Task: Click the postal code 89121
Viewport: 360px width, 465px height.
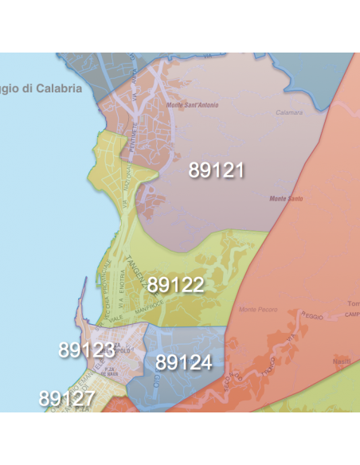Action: click(x=216, y=170)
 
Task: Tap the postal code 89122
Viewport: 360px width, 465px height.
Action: click(x=176, y=285)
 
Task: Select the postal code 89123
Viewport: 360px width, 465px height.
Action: click(x=86, y=350)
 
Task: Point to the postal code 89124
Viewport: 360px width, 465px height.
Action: click(x=184, y=363)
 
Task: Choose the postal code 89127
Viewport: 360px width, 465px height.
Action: click(x=66, y=397)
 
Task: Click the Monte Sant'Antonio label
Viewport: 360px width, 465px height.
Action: click(x=192, y=105)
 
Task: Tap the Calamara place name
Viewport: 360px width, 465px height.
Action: click(x=289, y=113)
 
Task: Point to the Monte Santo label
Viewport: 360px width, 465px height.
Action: click(x=287, y=198)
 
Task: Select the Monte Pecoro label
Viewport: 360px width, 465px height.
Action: click(x=256, y=308)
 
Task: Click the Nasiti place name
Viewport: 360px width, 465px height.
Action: click(x=342, y=361)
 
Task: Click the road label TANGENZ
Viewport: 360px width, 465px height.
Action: click(x=135, y=272)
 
